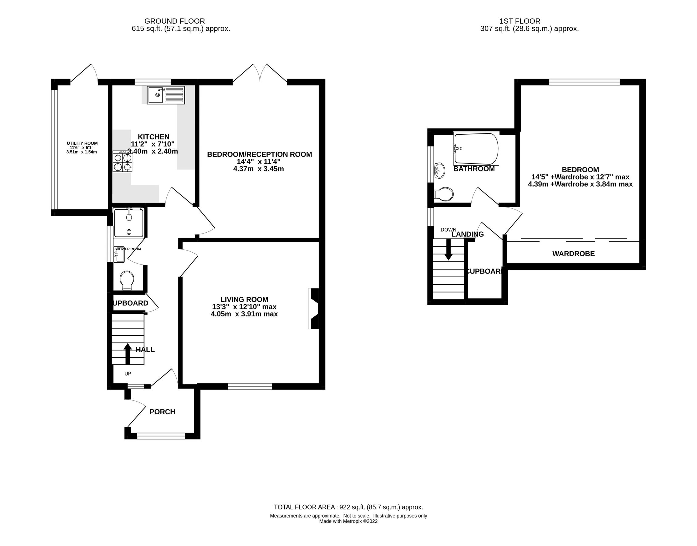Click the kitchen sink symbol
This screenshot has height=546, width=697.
(x=166, y=95)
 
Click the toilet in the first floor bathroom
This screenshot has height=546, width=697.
(x=444, y=194)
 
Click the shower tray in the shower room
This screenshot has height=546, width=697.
(x=129, y=223)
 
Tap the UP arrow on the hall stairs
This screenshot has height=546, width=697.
(x=128, y=353)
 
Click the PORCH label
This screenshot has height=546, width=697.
(x=162, y=412)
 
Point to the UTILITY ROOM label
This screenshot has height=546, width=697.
(x=82, y=143)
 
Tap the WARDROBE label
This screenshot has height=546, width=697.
(x=573, y=254)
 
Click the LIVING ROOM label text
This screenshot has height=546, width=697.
(x=244, y=299)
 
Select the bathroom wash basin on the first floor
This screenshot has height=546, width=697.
(x=439, y=170)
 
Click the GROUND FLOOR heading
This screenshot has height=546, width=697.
(x=174, y=21)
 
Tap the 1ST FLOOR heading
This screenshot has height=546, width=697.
(x=520, y=21)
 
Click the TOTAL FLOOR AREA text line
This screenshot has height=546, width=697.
(x=348, y=507)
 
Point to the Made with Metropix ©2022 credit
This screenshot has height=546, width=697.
(x=348, y=521)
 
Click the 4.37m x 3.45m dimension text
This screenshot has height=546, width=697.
(x=258, y=169)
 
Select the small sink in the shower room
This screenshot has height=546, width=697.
(x=119, y=255)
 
